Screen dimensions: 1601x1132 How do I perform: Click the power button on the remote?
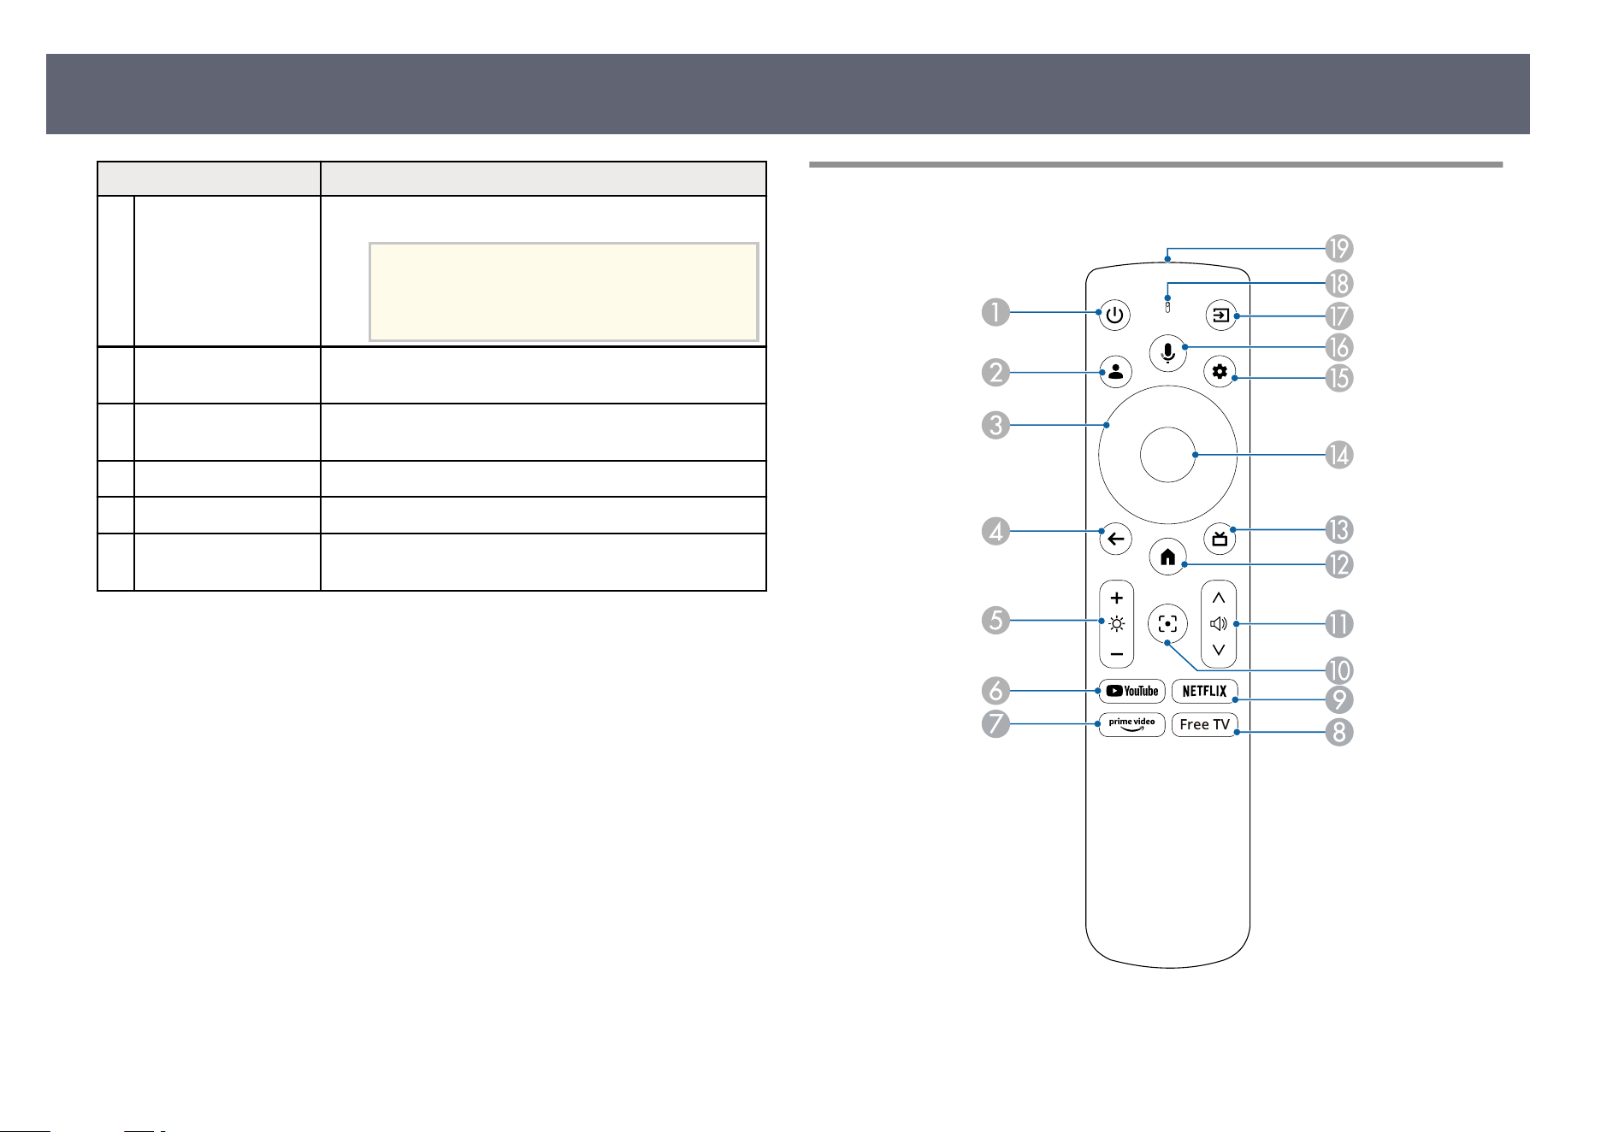1114,315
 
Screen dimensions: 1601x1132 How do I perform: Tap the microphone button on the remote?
1168,352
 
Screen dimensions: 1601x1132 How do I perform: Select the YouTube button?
1131,691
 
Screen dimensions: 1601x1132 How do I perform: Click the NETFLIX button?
1204,691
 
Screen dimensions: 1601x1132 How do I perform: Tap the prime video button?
1131,724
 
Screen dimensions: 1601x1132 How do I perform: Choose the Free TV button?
1204,724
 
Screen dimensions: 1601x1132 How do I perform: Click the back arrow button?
1115,539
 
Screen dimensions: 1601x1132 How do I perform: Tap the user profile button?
1115,372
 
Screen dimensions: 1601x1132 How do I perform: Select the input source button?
1220,315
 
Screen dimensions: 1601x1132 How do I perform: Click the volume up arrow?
1219,598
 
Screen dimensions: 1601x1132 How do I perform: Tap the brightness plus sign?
1116,598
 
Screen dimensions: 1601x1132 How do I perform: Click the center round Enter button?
1167,455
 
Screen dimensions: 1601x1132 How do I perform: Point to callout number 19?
1338,249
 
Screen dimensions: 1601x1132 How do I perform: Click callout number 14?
1338,455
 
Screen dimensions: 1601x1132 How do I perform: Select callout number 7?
995,723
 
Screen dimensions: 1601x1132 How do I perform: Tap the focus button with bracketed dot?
1167,624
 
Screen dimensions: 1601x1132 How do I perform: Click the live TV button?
1220,539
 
